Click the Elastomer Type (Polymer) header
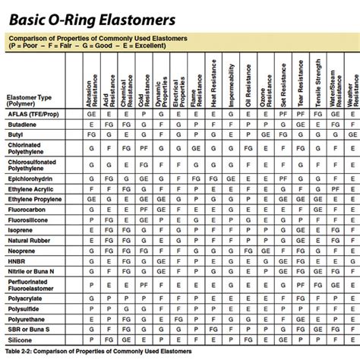tap(29, 102)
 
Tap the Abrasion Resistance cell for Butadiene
tap(92, 122)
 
